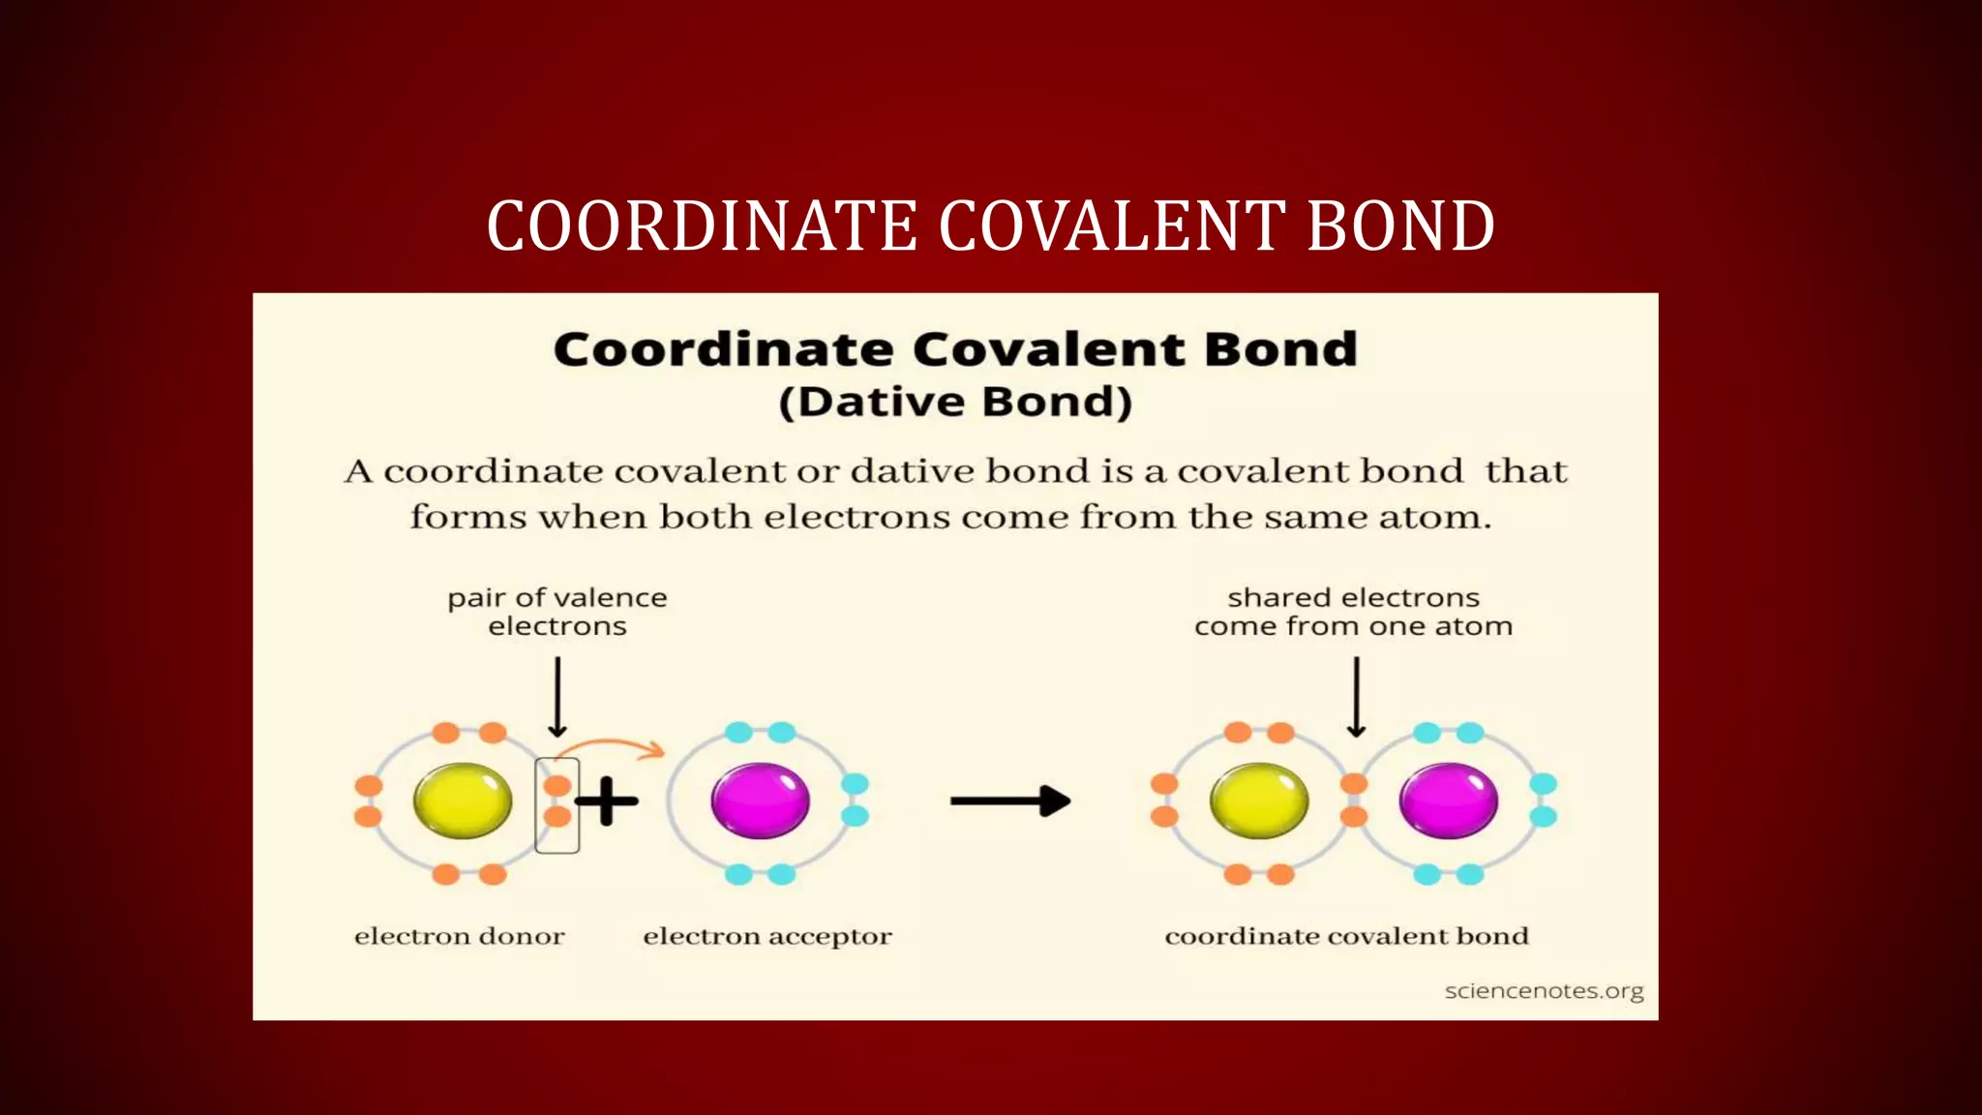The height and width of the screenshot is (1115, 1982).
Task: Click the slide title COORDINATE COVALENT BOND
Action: (x=990, y=226)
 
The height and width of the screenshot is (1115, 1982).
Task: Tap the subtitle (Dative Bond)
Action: (x=955, y=402)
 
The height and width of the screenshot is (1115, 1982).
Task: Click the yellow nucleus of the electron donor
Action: (x=463, y=800)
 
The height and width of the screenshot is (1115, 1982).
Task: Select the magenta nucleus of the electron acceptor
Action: (x=760, y=800)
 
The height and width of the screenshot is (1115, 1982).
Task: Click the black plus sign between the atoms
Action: (x=607, y=800)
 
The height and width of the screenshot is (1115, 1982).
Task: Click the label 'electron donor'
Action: (x=460, y=936)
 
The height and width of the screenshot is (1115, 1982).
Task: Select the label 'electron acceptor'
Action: (x=767, y=936)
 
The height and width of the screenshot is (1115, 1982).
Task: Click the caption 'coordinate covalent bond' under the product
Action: (x=1346, y=936)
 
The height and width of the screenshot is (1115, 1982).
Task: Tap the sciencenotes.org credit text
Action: (x=1544, y=991)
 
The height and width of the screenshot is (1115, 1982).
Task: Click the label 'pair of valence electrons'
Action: (x=557, y=612)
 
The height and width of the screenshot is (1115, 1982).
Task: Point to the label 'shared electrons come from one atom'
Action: (x=1353, y=612)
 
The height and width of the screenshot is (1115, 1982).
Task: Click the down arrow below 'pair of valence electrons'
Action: (x=557, y=697)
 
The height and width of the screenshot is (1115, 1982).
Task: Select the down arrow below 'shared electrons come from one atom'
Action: (x=1356, y=697)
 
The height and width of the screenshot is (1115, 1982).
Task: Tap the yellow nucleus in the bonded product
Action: (x=1259, y=800)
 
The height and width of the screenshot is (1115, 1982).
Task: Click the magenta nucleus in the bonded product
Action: (x=1448, y=800)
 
